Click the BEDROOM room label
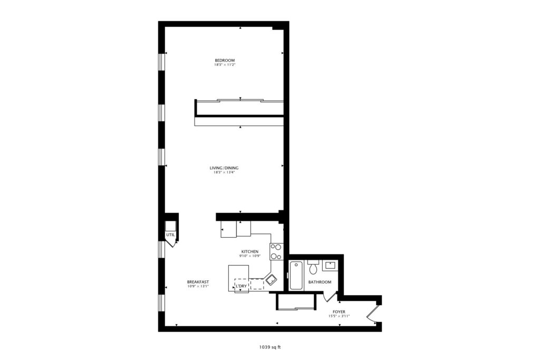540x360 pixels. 225,60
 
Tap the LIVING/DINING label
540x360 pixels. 224,168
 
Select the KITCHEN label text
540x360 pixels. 249,251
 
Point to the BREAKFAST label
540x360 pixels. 198,282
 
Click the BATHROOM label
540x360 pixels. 320,282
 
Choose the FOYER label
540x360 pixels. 339,312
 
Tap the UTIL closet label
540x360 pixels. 170,235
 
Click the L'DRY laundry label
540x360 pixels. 241,286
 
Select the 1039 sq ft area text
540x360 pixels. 270,347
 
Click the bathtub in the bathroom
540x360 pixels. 296,276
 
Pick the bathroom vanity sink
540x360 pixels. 331,265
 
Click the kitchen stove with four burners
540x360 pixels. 276,251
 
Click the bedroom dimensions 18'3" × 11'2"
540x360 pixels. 225,65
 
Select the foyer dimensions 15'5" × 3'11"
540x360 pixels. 339,316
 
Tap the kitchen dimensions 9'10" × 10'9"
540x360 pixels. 249,256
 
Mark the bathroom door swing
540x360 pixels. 330,296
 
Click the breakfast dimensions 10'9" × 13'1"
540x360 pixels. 198,286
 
